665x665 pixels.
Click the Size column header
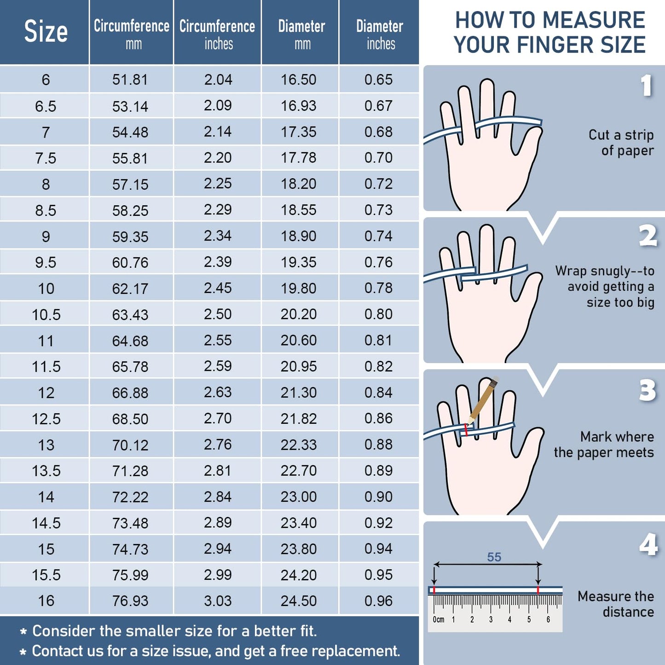(46, 31)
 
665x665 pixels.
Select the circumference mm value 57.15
(130, 184)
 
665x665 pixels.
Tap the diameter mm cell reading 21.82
(299, 419)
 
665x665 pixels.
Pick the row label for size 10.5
(46, 315)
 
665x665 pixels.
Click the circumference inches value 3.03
(217, 601)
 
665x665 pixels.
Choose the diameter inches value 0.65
(379, 80)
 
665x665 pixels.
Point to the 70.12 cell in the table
(130, 445)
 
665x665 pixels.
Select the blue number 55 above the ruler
(494, 557)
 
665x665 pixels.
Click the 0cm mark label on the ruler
(438, 619)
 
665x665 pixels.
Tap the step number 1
(647, 86)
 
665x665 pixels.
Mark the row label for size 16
(46, 601)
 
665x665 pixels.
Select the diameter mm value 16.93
(299, 106)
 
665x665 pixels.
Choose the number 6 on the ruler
(548, 619)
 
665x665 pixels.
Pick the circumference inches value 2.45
(217, 288)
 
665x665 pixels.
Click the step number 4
(648, 544)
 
